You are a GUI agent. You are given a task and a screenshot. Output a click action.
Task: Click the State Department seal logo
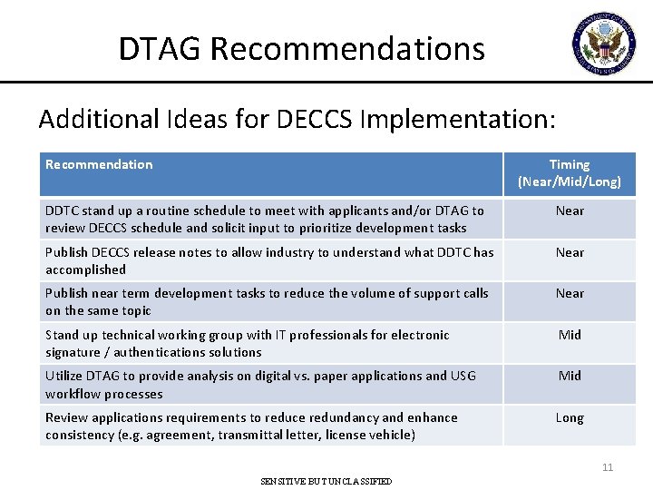tap(604, 44)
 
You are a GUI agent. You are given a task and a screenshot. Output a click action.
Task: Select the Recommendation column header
tap(99, 164)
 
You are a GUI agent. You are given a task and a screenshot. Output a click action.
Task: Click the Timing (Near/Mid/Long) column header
tap(570, 172)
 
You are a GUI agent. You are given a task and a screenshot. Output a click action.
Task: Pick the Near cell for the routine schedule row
tap(570, 211)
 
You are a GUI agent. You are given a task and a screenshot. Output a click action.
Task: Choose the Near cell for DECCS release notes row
tap(570, 252)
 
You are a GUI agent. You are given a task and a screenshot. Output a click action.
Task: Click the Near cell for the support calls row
tap(570, 293)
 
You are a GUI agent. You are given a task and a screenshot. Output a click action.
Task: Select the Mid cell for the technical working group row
tap(570, 335)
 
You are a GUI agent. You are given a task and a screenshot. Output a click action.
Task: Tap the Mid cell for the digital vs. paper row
tap(570, 376)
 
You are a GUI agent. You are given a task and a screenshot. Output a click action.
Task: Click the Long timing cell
tap(570, 417)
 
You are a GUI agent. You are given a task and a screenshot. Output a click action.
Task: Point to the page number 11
tap(608, 467)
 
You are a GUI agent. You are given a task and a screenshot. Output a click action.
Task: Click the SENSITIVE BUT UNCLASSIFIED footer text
tap(326, 481)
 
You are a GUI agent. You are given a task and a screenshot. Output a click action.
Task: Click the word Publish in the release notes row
tap(67, 252)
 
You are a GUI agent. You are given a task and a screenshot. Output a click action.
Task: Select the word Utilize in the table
tap(65, 376)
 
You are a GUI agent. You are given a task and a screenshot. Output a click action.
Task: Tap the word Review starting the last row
tap(66, 417)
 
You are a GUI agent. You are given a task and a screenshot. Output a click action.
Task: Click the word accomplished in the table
tap(85, 269)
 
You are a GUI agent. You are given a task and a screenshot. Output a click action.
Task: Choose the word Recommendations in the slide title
tap(347, 49)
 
